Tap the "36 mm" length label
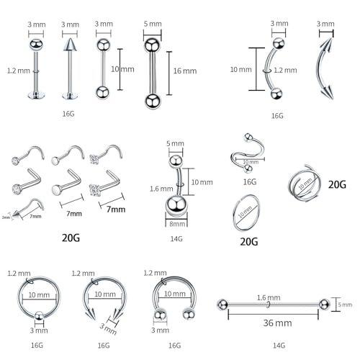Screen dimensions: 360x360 click(269, 323)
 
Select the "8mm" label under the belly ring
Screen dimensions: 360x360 click(176, 223)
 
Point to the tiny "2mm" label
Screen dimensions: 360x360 click(6, 217)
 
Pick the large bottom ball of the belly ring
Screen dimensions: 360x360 click(176, 205)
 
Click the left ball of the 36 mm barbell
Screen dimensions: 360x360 click(222, 305)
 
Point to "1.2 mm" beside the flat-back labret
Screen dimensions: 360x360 click(17, 71)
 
